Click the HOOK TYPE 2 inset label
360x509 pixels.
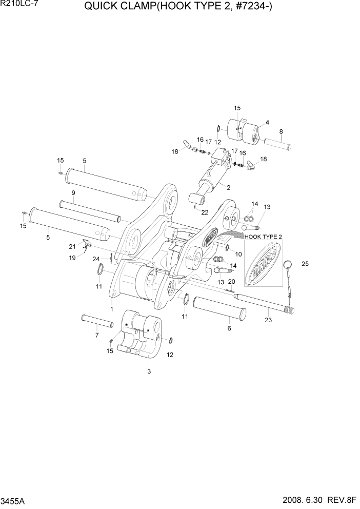point(264,236)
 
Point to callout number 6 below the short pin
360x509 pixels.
point(229,328)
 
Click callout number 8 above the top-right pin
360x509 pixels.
point(281,132)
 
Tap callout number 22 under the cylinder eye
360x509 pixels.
point(205,212)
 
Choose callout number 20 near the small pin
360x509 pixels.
point(231,282)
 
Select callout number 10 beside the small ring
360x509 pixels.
point(238,254)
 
